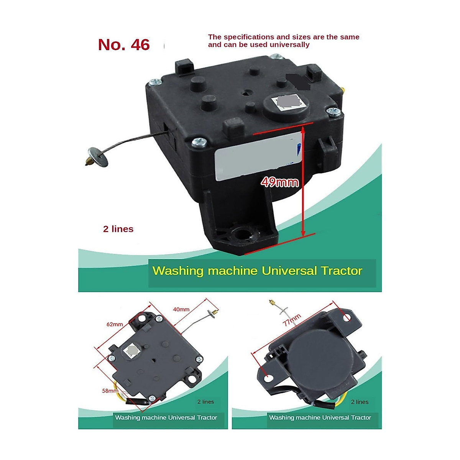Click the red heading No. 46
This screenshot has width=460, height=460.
click(x=123, y=45)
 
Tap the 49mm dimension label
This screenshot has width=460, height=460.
click(x=279, y=182)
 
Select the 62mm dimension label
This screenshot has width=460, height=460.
click(x=115, y=324)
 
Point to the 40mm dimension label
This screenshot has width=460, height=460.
click(x=181, y=309)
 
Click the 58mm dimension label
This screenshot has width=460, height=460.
click(x=110, y=391)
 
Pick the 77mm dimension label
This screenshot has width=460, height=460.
click(x=292, y=320)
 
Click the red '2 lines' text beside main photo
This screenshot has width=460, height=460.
click(x=118, y=229)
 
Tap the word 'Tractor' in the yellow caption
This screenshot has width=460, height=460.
click(x=342, y=271)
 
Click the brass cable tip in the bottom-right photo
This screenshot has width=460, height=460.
click(x=271, y=303)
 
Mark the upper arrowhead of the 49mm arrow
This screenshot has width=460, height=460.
click(x=303, y=129)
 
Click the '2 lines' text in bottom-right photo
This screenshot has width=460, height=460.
click(x=360, y=402)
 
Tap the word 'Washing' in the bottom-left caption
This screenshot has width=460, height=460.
click(x=128, y=417)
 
